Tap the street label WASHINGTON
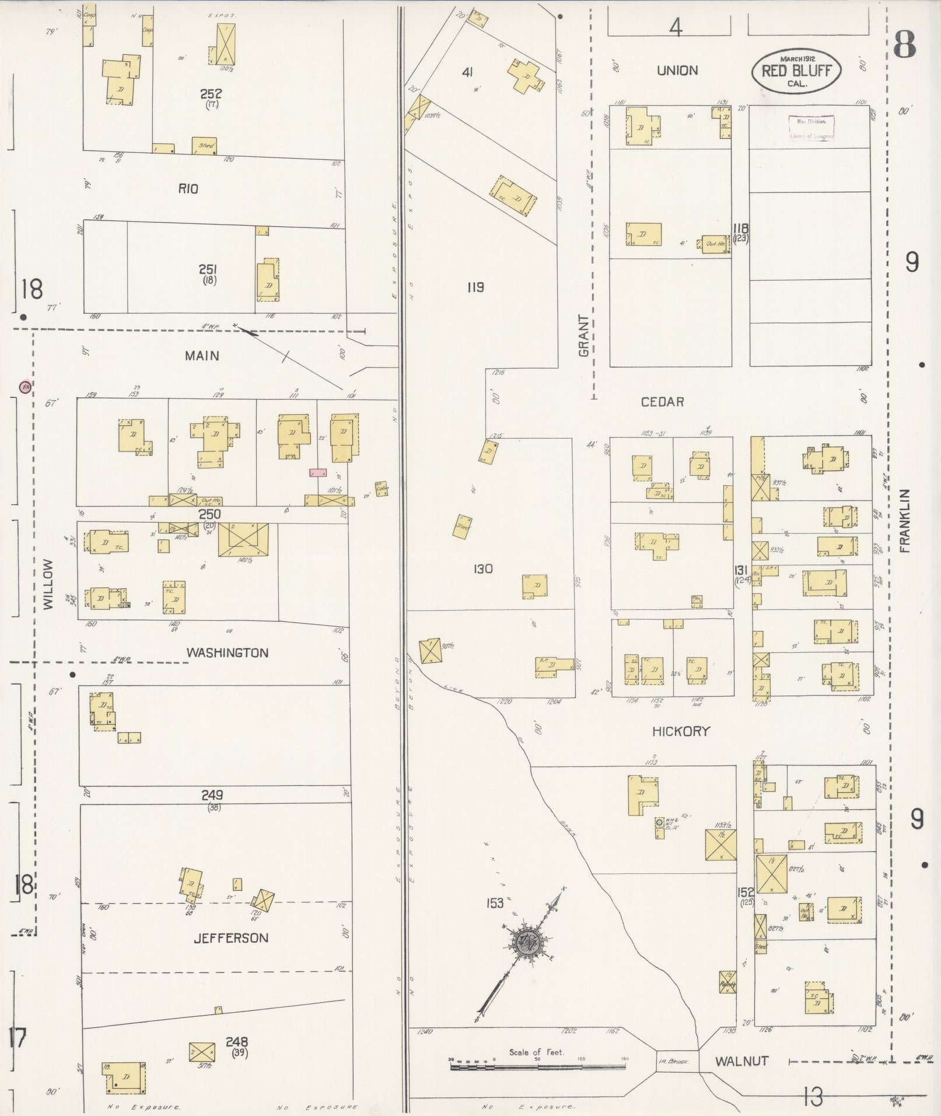tap(228, 653)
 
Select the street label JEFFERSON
tap(231, 938)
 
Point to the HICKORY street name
tap(681, 731)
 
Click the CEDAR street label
tap(662, 402)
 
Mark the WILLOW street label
tap(48, 585)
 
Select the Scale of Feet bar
tap(537, 1066)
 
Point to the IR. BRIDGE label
tap(673, 1062)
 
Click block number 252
tap(211, 93)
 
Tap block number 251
tap(208, 269)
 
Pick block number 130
tap(483, 569)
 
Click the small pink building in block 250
tap(318, 473)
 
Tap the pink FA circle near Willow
tap(25, 386)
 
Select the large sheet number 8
tap(905, 45)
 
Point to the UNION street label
tap(677, 71)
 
